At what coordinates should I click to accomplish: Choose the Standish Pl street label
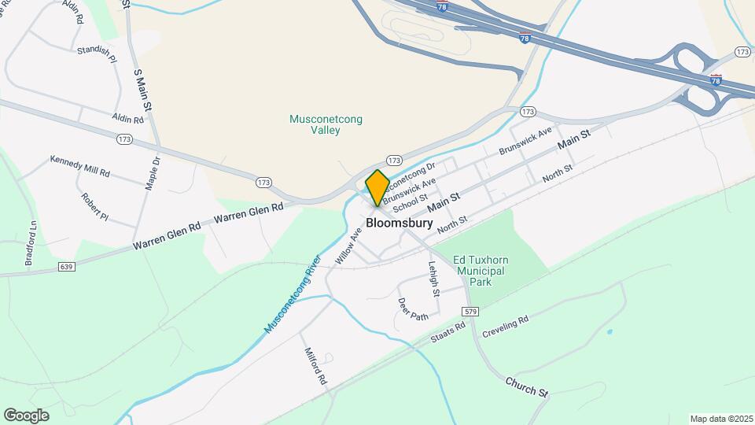click(97, 54)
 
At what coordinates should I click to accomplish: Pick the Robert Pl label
click(94, 205)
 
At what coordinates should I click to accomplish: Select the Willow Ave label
click(347, 246)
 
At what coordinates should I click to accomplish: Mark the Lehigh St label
click(433, 279)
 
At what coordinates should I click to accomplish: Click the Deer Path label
click(412, 309)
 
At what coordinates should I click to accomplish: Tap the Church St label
click(526, 386)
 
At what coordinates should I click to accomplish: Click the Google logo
click(26, 415)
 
